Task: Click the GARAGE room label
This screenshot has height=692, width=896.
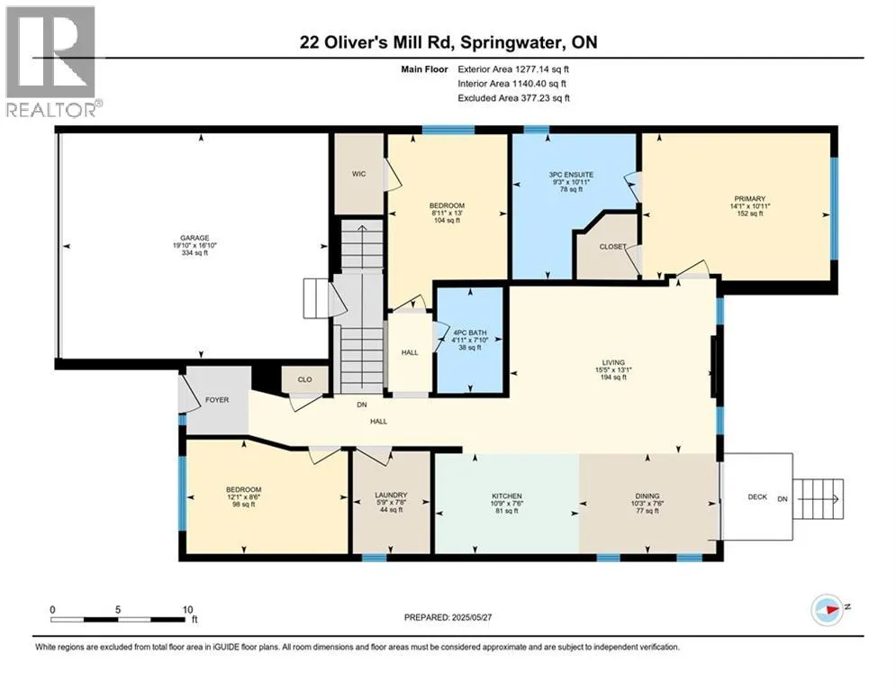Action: pos(195,238)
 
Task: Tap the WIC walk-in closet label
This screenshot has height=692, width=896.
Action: pos(359,174)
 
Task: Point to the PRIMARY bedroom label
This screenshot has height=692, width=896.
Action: pos(750,199)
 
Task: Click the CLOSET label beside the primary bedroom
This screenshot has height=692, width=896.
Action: pos(612,247)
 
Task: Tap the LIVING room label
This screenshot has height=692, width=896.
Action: pos(613,362)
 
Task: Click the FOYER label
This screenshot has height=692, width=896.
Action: pos(217,400)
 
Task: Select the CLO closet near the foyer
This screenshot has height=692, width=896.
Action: pos(304,379)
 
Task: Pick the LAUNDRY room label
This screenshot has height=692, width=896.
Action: pos(391,496)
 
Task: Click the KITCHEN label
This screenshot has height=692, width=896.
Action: pos(507,496)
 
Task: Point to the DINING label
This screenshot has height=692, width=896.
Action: pos(647,496)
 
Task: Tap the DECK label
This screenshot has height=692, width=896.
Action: pos(757,497)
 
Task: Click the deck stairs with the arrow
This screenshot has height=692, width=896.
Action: pos(819,499)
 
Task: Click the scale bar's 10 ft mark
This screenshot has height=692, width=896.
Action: pos(188,610)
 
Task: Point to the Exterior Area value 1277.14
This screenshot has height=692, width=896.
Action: pos(531,69)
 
